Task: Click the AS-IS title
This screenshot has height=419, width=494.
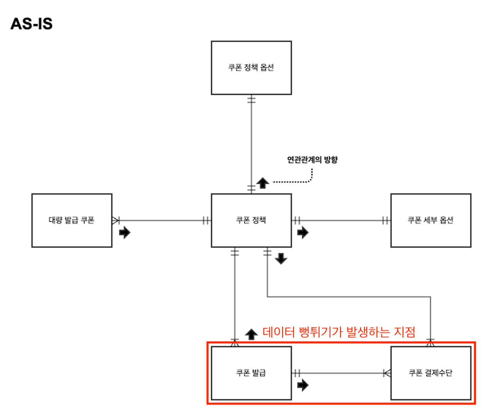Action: click(x=32, y=24)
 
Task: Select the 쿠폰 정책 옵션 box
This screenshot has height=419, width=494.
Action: click(x=251, y=68)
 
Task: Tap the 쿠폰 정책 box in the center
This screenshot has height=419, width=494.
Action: click(x=251, y=220)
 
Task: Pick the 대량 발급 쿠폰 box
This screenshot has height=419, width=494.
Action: click(x=72, y=220)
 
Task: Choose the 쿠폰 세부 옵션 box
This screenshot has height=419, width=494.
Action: click(x=431, y=220)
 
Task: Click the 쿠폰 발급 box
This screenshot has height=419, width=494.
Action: click(x=251, y=373)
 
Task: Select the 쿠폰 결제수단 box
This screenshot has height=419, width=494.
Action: click(x=431, y=373)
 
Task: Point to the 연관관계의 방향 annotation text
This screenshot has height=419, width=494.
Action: click(x=312, y=160)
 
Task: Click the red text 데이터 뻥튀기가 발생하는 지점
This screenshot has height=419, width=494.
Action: click(x=339, y=332)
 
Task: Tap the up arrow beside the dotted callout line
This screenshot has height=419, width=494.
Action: click(x=263, y=183)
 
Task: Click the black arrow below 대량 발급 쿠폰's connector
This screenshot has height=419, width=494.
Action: click(x=125, y=232)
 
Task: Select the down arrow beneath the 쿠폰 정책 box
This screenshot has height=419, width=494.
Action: click(x=281, y=259)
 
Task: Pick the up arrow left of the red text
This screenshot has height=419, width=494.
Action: click(x=251, y=334)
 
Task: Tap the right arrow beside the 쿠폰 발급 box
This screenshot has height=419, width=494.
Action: click(x=303, y=385)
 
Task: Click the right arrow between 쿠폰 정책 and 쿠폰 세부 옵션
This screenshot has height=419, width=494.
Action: click(x=303, y=232)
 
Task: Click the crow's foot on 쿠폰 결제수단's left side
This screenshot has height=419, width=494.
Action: click(x=387, y=373)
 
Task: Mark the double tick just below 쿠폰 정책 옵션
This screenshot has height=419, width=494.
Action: click(x=251, y=100)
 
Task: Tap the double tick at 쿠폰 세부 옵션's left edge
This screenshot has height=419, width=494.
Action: click(x=385, y=220)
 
